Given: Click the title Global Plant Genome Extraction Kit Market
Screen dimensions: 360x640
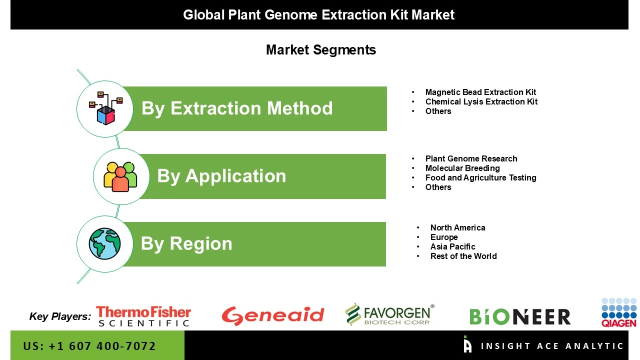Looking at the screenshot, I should coord(319,15).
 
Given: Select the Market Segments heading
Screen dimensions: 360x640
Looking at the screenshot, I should coord(320,50).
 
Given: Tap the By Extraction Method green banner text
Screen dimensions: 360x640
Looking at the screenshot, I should coord(237,108).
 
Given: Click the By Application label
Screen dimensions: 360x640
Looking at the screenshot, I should coord(221,176).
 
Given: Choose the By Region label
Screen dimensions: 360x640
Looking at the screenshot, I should coord(186,243).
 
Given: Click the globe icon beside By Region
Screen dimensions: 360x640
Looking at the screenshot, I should coord(105,244).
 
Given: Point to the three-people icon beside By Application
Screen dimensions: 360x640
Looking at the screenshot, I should coord(120,176).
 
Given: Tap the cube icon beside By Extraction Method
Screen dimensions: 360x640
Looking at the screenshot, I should coord(105,108).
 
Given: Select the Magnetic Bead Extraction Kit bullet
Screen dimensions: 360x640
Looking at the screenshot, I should coord(480,92).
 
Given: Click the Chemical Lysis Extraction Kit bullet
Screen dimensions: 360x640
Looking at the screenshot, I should coord(481,101).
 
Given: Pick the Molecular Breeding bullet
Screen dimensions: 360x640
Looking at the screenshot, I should coord(462,168).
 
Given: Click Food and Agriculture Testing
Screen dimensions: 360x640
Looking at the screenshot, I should coord(480,177).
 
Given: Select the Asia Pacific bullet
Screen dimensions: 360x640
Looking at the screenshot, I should coord(452,246).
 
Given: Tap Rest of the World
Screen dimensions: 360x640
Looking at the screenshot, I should coord(463,256).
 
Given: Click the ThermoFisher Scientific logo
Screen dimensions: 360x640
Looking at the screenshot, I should coord(143,316).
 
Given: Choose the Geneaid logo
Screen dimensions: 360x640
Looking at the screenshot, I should coord(273,316).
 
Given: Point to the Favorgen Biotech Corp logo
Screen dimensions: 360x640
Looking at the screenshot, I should coord(389,315).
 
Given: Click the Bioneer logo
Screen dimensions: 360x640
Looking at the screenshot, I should coord(519,316).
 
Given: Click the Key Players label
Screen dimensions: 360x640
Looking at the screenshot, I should coord(60,316).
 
